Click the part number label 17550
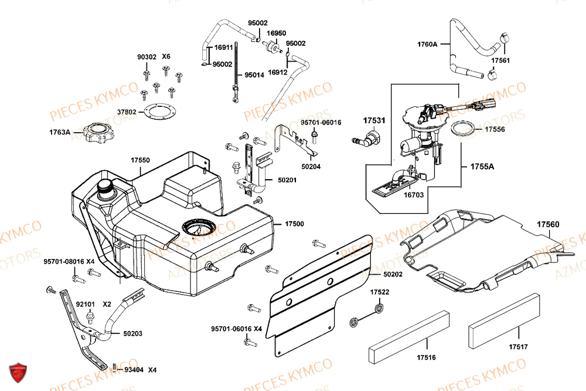point(140,160)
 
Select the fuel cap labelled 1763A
point(94,132)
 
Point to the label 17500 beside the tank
point(294,224)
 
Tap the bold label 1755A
point(482,167)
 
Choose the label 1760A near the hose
point(428,43)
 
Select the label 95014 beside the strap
point(255,75)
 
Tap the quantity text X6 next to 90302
point(166,57)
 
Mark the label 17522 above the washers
point(379,292)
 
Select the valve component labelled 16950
point(271,50)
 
